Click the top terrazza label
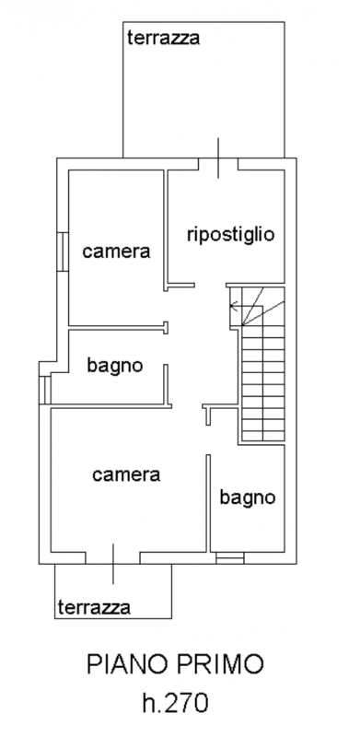click(x=165, y=38)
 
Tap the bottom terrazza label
click(x=93, y=607)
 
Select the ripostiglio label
click(x=230, y=233)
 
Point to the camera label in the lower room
click(x=127, y=475)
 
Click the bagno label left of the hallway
click(x=115, y=366)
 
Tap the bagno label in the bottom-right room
click(x=248, y=498)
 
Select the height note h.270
click(x=176, y=705)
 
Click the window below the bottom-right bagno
click(x=230, y=558)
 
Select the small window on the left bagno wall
click(x=43, y=389)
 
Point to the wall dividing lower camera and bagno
click(x=209, y=501)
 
